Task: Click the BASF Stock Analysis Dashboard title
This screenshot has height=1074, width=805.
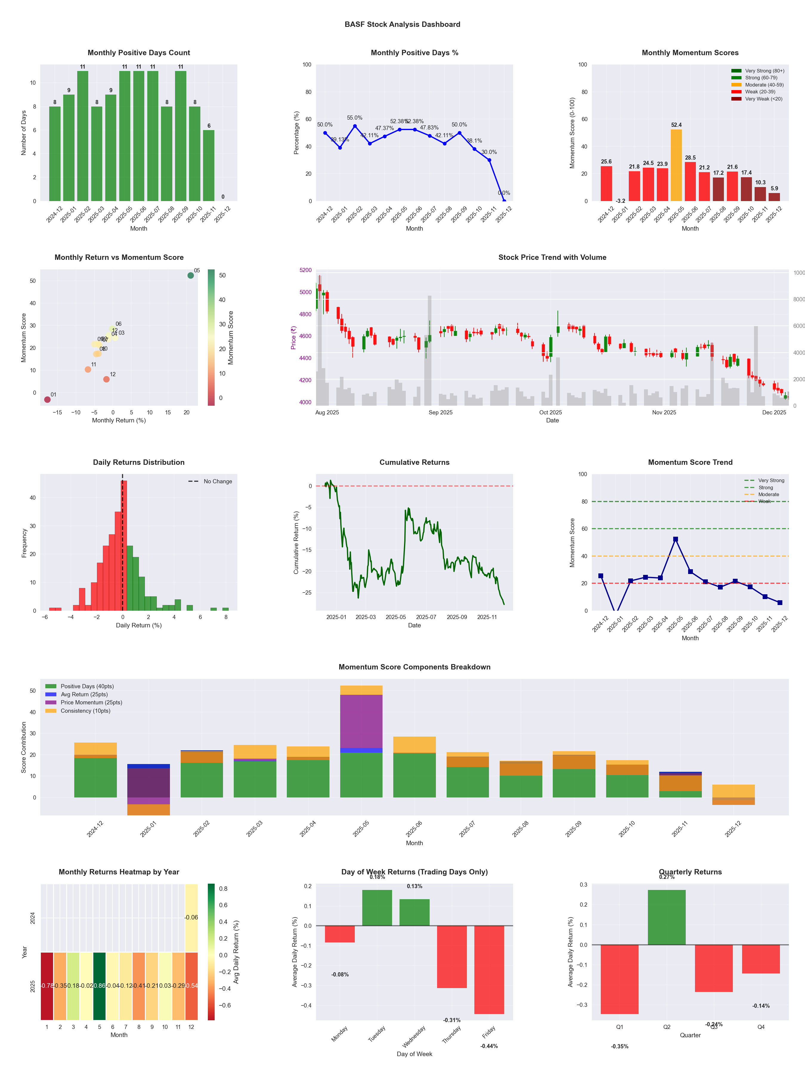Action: (402, 24)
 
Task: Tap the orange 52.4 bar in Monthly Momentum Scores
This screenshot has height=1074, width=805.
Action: (676, 165)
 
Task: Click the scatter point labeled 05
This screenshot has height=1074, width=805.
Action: (191, 275)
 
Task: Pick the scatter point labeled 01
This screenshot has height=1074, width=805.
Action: (47, 399)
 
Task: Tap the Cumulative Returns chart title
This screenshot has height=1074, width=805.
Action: (414, 462)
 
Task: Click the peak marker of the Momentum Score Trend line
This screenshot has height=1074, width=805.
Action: (675, 539)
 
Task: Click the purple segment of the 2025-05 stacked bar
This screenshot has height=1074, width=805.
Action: (361, 721)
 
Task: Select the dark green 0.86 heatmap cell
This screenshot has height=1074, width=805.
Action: (100, 986)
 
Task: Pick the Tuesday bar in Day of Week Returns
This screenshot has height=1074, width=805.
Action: (377, 908)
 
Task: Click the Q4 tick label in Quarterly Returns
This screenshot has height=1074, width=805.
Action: (761, 1027)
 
